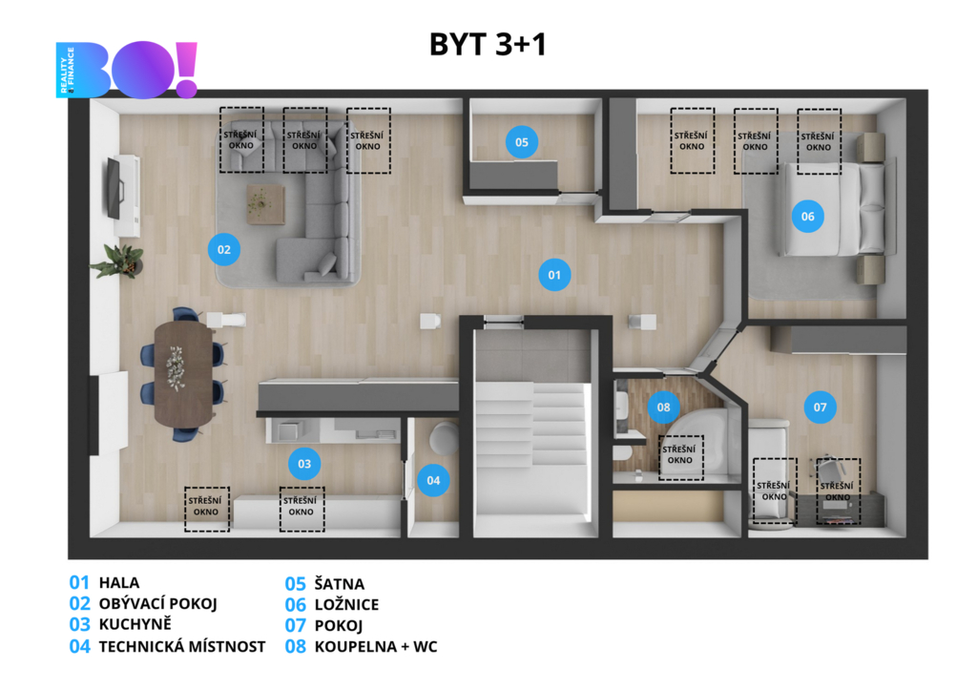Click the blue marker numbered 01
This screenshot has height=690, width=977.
click(554, 275)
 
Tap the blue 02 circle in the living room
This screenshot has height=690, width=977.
click(223, 249)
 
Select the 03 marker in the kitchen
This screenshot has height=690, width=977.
click(304, 464)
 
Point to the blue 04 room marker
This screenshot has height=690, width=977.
click(433, 480)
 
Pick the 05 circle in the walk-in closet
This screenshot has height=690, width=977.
click(522, 142)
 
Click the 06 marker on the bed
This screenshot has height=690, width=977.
click(807, 217)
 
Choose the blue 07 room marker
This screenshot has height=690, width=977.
click(820, 407)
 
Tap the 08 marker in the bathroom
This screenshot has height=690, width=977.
click(664, 407)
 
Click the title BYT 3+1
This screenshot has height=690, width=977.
click(488, 44)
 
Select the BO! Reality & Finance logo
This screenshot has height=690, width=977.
click(127, 70)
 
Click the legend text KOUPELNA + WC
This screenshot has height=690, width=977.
click(376, 646)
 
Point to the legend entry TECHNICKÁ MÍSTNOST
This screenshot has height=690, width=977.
click(182, 646)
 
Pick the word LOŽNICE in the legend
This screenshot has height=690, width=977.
click(346, 605)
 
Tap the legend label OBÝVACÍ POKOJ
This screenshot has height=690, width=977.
click(157, 603)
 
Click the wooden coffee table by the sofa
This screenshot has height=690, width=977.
click(265, 204)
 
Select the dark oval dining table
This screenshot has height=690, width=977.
click(183, 373)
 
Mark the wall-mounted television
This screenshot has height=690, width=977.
click(114, 188)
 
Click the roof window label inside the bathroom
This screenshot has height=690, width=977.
click(679, 454)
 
